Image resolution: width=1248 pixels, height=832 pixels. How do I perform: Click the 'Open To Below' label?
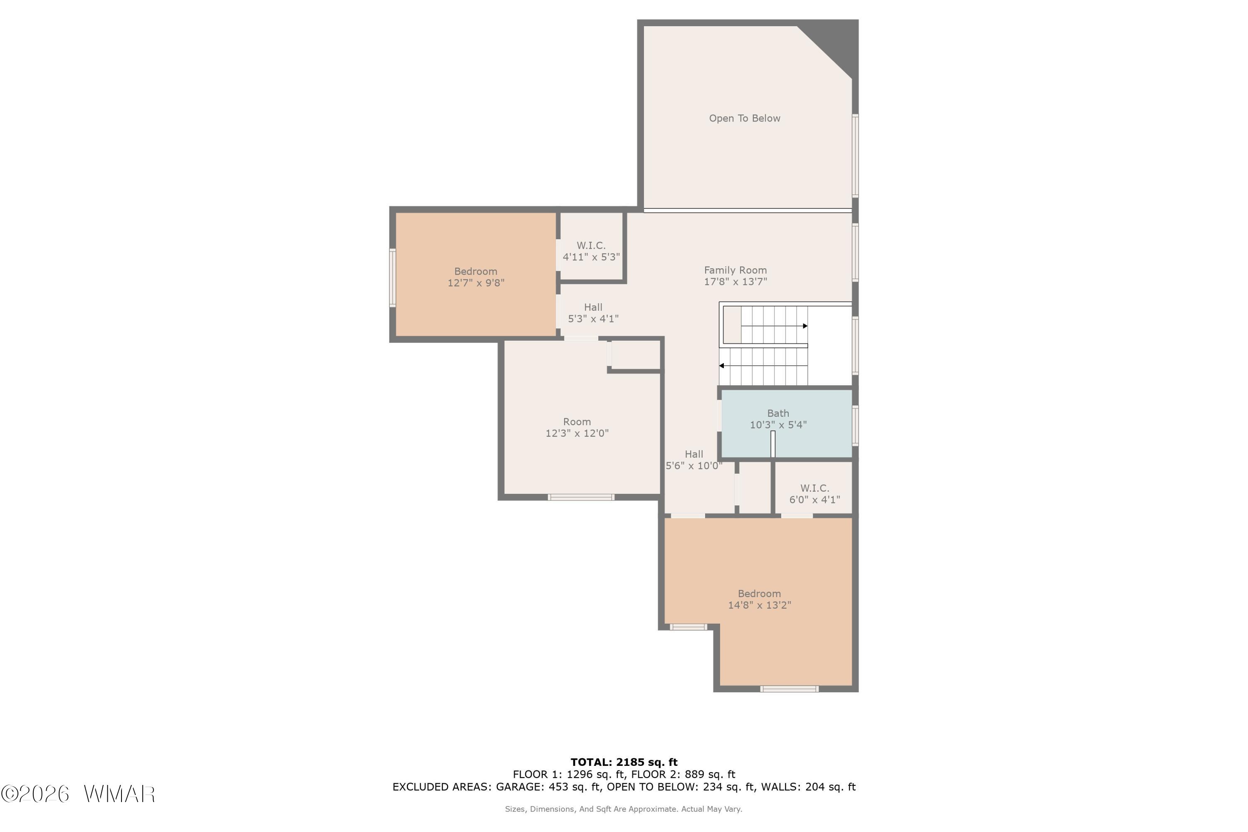click(x=745, y=118)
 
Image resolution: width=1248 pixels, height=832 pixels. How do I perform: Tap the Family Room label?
click(x=735, y=270)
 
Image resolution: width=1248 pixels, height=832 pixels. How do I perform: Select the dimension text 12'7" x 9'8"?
click(x=476, y=283)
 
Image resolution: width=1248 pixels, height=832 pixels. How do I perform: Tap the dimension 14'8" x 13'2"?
click(x=759, y=605)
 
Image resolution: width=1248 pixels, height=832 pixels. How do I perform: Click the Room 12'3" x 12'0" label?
click(x=577, y=427)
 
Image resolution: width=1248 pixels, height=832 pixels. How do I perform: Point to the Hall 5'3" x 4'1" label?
click(x=593, y=312)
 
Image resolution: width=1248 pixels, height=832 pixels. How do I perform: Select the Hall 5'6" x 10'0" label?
click(x=694, y=460)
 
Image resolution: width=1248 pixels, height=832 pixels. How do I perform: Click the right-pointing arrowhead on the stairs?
click(x=805, y=326)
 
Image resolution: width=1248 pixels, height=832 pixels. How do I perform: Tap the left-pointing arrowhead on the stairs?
click(x=722, y=366)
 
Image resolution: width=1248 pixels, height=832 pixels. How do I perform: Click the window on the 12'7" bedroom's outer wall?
click(x=393, y=277)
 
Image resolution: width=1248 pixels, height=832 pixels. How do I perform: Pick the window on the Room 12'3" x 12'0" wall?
click(x=581, y=497)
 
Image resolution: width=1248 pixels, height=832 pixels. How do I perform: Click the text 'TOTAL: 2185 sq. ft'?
click(x=624, y=763)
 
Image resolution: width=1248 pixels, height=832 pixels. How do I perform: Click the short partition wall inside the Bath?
click(x=773, y=443)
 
